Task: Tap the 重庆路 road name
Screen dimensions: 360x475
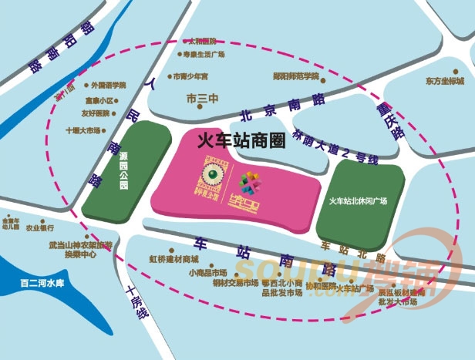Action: [389, 119]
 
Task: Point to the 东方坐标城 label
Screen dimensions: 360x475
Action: [444, 81]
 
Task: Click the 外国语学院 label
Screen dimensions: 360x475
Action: [107, 85]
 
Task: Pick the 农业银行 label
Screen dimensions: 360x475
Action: [39, 228]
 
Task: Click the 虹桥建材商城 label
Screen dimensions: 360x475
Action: [173, 258]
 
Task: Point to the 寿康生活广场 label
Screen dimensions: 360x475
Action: [204, 55]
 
